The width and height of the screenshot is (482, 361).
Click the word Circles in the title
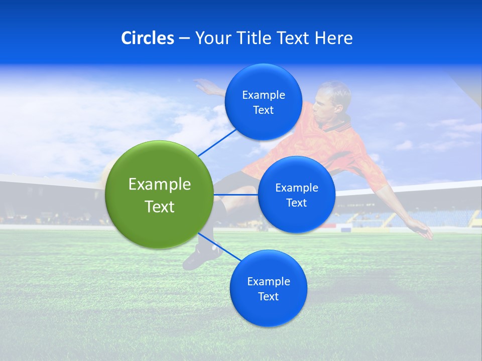coord(148,38)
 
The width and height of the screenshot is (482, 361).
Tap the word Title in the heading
coord(255,38)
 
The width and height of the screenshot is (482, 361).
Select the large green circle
coord(159,195)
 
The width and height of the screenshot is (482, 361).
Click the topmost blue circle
coord(263,102)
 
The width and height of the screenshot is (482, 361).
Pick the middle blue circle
coord(296,195)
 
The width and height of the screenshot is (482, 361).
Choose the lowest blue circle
coord(268,289)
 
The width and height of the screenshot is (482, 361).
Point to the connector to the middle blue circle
coord(235,195)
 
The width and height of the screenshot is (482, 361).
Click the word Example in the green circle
coord(159,184)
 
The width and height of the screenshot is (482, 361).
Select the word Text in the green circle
coord(159,207)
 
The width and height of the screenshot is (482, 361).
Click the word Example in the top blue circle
coord(263,95)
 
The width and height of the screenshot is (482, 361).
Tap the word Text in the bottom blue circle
coord(268,296)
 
